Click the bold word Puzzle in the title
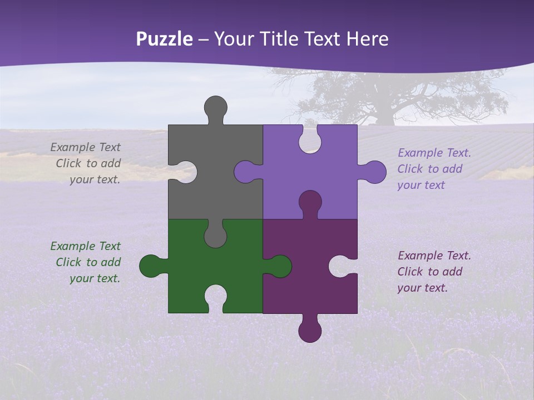pyautogui.click(x=165, y=39)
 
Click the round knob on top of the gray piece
pyautogui.click(x=216, y=107)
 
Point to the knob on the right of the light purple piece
pyautogui.click(x=374, y=172)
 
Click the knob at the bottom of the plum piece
pyautogui.click(x=310, y=330)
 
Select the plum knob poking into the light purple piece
pyautogui.click(x=310, y=202)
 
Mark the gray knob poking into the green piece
pyautogui.click(x=216, y=234)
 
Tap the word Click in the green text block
pyautogui.click(x=68, y=262)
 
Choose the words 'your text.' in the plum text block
pyautogui.click(x=422, y=288)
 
